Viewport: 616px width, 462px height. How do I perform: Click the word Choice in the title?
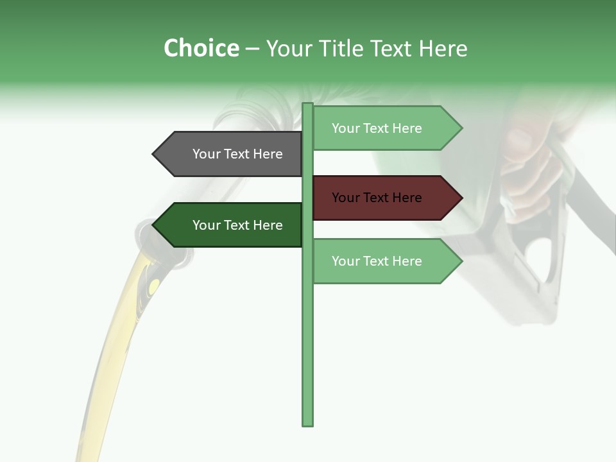pos(201,48)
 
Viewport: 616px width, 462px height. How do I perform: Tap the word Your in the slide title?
pos(289,48)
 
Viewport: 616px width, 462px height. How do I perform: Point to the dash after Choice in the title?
pos(252,49)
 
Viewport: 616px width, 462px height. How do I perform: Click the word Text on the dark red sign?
pos(377,198)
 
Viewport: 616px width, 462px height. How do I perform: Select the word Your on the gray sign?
pos(206,154)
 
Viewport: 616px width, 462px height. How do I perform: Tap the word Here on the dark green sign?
pos(268,225)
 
